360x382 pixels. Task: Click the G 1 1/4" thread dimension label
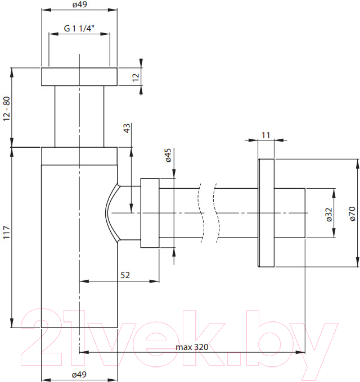(79, 28)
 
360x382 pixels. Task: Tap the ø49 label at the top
(79, 4)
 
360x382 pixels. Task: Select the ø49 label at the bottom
(79, 374)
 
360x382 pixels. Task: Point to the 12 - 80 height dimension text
(7, 108)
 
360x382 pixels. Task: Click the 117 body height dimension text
(7, 232)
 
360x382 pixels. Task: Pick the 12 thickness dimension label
(136, 77)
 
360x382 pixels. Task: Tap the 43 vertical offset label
(127, 128)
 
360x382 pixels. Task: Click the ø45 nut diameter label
(168, 155)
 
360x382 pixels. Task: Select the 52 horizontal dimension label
(125, 275)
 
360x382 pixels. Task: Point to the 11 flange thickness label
(266, 135)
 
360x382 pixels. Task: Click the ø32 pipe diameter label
(329, 215)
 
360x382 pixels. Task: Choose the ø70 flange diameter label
(353, 213)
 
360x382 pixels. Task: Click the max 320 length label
(192, 347)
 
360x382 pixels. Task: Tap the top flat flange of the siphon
(79, 77)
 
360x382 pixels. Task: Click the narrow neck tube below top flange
(79, 116)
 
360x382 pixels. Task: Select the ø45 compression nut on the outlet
(150, 213)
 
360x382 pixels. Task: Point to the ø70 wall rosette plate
(266, 213)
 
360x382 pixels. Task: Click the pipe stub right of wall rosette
(290, 213)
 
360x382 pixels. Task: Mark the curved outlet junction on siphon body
(112, 213)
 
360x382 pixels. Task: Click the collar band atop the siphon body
(79, 156)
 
